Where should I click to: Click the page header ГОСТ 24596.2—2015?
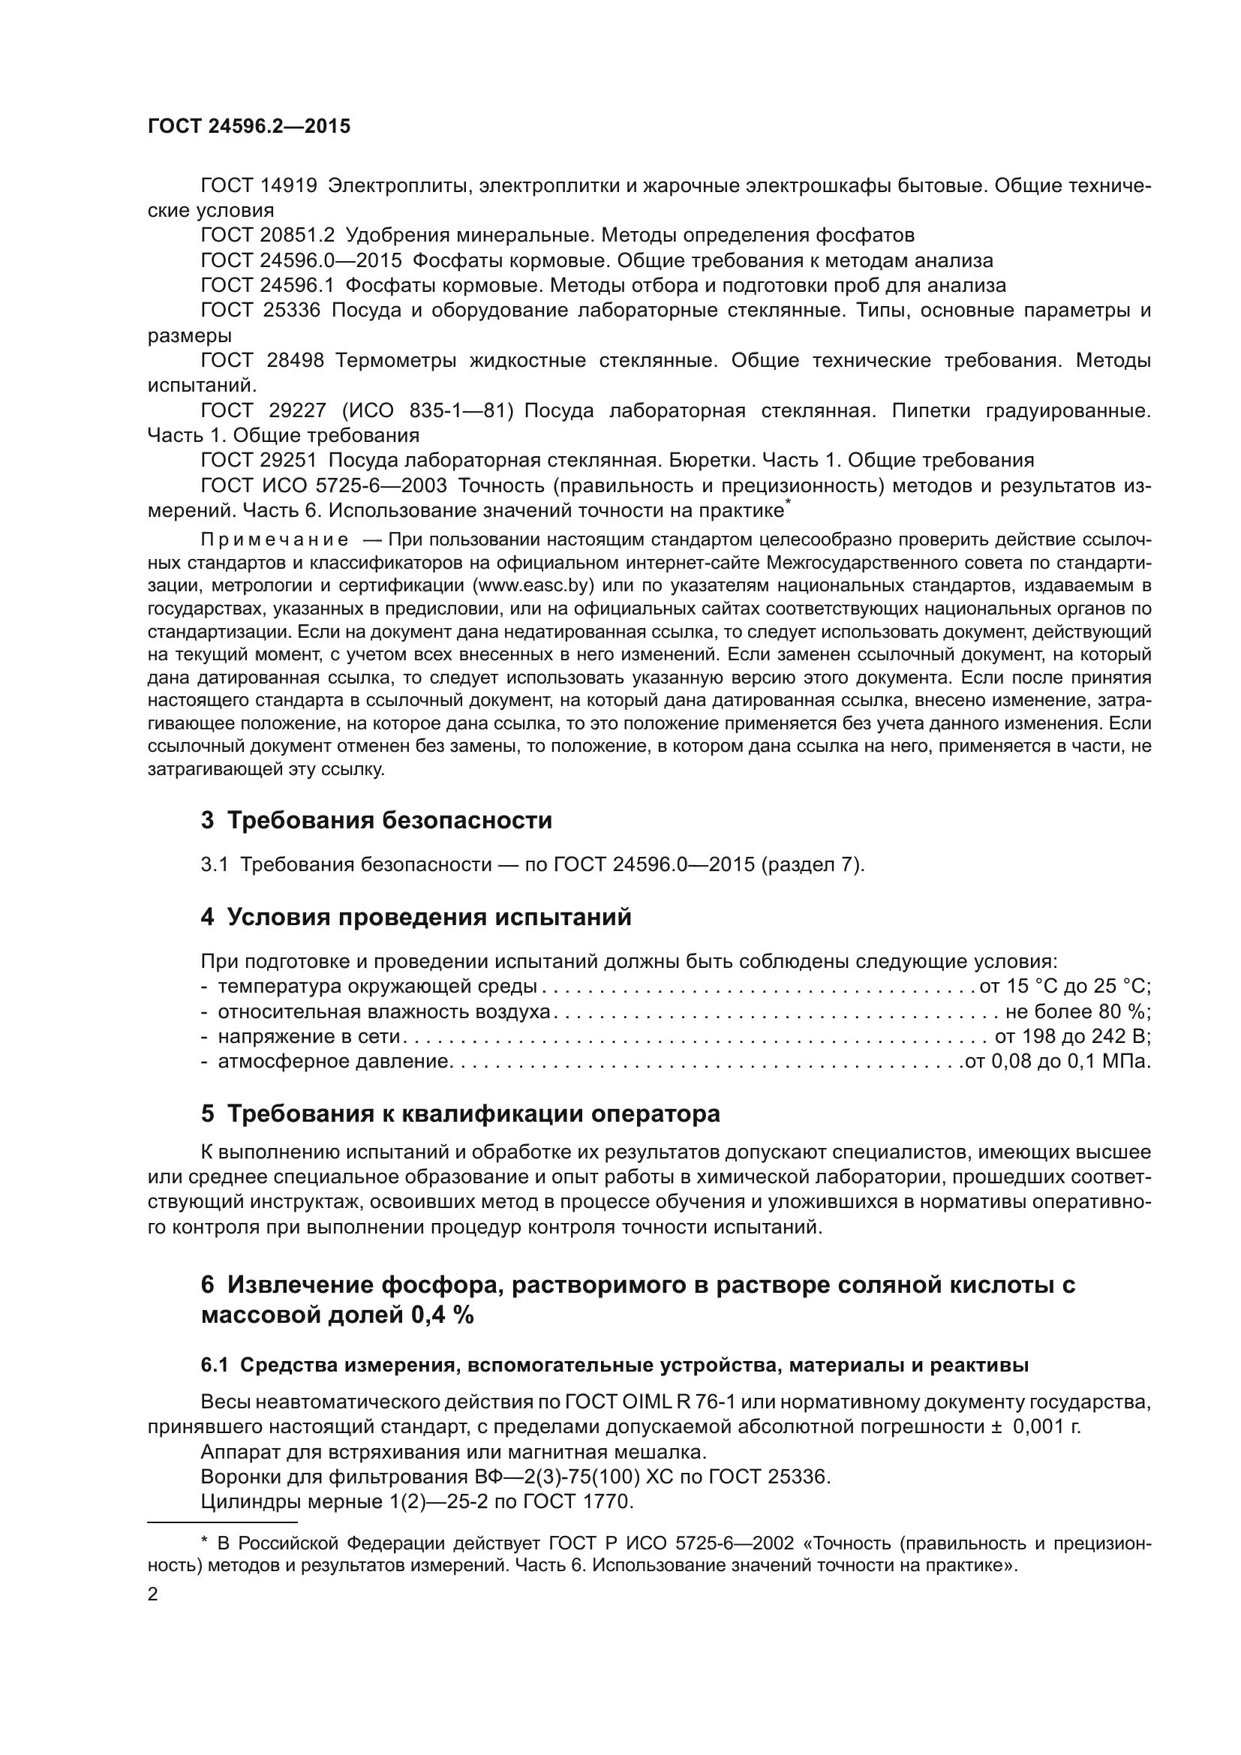click(x=249, y=127)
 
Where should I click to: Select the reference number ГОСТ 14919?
click(x=258, y=186)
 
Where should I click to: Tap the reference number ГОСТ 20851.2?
click(x=267, y=236)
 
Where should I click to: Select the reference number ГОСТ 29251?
click(x=258, y=460)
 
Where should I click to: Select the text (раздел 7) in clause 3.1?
click(x=813, y=865)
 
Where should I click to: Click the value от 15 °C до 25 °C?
click(x=1065, y=987)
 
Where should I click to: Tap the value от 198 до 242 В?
click(x=1072, y=1037)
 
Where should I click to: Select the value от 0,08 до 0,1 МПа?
click(x=1058, y=1062)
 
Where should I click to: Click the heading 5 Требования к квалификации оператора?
click(x=460, y=1113)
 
